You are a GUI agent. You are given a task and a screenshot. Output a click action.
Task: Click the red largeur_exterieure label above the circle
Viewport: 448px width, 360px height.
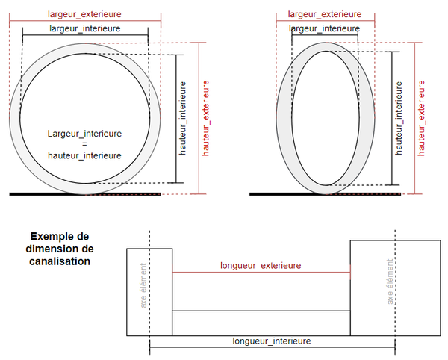(84, 14)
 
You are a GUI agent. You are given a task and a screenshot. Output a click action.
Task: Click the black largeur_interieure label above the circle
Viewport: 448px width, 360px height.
(84, 28)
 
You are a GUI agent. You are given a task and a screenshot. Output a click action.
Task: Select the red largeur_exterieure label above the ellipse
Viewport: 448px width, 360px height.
(325, 14)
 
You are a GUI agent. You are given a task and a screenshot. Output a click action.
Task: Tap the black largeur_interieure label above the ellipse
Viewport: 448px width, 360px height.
(324, 28)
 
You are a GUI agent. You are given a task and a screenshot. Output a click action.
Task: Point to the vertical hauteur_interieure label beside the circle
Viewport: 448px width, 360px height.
(184, 117)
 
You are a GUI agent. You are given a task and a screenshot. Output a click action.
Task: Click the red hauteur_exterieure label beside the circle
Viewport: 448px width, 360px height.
(206, 117)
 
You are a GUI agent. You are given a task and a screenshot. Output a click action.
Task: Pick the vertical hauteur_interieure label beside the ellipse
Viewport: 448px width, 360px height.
(399, 117)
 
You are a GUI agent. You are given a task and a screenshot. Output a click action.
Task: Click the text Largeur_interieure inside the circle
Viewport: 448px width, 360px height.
(84, 133)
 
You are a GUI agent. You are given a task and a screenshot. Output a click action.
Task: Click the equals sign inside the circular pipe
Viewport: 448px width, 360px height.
(84, 144)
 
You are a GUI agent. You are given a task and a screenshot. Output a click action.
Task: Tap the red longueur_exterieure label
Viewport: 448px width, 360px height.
(261, 265)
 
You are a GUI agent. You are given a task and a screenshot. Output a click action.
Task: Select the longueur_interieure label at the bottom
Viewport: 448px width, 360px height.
(271, 341)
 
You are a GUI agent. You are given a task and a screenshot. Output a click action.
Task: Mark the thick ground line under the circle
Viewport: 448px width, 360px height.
(85, 194)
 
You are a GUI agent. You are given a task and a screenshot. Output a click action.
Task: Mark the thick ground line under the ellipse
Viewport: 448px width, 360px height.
(325, 194)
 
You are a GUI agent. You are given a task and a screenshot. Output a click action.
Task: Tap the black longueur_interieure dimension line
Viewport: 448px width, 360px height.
(209, 347)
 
